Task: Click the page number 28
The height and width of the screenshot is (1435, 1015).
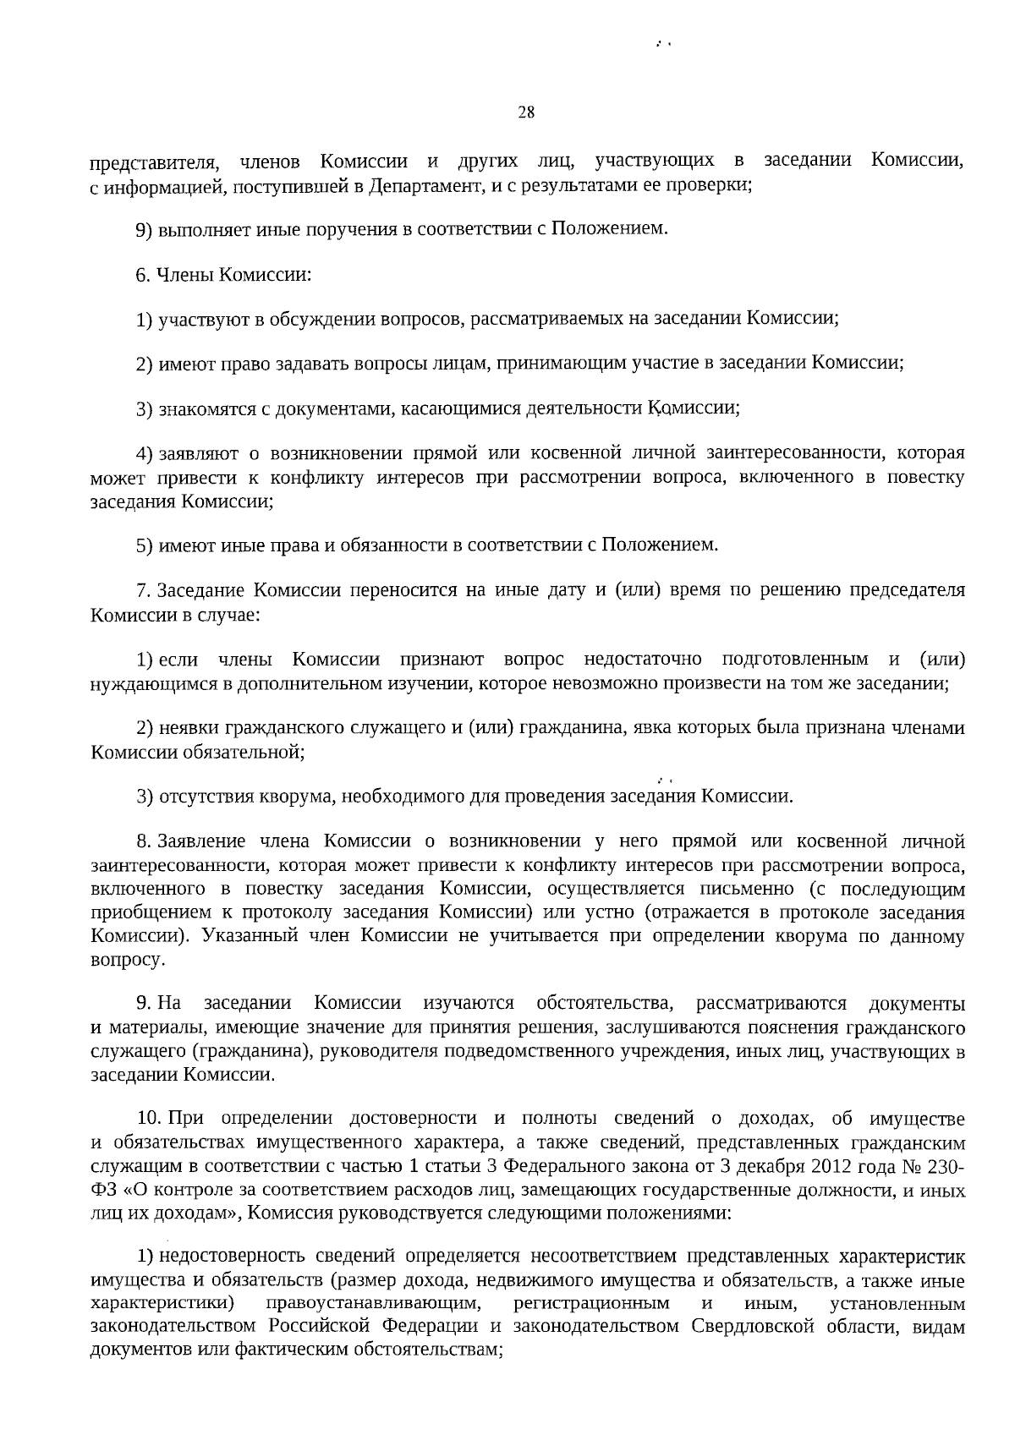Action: (x=525, y=112)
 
